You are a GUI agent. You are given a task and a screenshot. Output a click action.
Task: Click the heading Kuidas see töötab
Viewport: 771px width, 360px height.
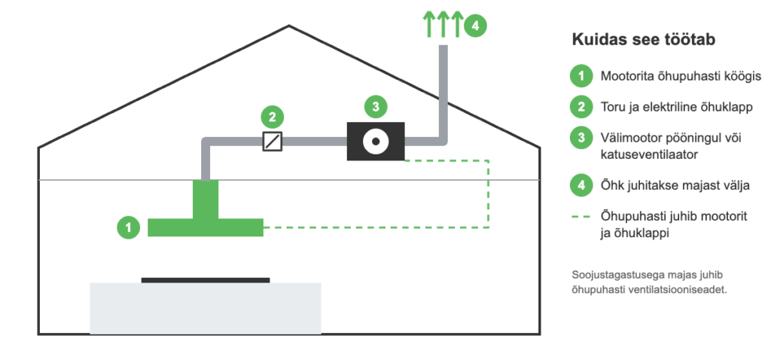click(643, 40)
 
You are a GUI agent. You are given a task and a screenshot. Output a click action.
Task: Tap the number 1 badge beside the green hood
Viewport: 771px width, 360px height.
click(129, 227)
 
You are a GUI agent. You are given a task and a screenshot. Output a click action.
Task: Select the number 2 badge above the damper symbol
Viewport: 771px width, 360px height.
click(273, 117)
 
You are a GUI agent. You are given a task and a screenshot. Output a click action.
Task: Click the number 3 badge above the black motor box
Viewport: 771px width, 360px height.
click(376, 107)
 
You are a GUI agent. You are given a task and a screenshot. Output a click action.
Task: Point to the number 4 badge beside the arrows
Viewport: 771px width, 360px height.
click(475, 26)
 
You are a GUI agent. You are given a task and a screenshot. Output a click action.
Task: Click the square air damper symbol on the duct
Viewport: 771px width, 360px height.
click(273, 142)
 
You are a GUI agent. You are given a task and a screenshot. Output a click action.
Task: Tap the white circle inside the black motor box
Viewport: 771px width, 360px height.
click(376, 141)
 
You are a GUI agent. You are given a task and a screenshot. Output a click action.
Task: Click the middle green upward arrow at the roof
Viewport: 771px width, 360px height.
click(443, 26)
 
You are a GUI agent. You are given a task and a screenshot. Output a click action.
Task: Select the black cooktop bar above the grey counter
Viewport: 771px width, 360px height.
click(206, 280)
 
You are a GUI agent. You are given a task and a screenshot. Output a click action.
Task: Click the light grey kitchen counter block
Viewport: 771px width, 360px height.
click(206, 308)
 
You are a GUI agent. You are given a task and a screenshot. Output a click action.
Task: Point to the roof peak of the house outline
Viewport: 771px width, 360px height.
click(289, 26)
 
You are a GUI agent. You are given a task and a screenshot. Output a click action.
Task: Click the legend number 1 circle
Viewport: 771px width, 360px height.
click(582, 77)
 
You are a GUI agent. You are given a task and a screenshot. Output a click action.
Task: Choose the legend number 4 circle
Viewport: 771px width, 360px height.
click(582, 185)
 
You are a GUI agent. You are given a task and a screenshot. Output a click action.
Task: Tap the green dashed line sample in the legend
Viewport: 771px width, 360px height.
click(581, 217)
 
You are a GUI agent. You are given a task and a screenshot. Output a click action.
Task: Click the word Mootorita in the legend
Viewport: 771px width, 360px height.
click(623, 77)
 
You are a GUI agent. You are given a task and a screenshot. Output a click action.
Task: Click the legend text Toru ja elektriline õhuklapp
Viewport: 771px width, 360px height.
click(677, 107)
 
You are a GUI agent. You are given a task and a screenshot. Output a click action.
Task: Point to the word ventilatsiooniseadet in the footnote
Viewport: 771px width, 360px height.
click(687, 290)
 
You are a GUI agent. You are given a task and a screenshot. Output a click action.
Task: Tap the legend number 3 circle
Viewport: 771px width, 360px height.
click(582, 138)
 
